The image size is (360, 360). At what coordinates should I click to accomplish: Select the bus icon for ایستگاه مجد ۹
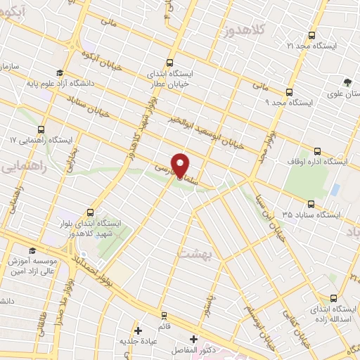click(289, 92)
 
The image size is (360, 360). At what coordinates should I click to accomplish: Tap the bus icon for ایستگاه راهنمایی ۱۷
click(41, 130)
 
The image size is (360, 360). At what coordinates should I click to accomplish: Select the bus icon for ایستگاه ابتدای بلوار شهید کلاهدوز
click(91, 212)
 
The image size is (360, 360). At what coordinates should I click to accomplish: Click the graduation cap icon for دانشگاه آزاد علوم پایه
click(60, 72)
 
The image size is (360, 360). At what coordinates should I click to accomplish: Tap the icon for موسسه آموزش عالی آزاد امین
click(31, 251)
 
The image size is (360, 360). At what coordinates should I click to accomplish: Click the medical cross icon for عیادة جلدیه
click(138, 330)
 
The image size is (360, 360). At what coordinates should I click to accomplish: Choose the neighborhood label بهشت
click(193, 254)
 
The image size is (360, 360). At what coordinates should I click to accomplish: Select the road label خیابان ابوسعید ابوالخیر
click(205, 131)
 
